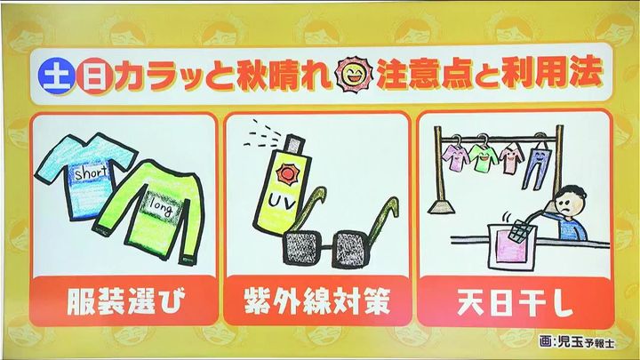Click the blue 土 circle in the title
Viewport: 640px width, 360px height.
57,76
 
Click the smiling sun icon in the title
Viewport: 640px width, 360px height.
353,75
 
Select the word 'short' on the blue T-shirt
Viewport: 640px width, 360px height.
92,173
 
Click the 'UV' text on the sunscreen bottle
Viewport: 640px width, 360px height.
281,202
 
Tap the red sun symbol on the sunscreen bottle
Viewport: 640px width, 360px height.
287,174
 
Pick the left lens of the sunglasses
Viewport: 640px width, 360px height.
303,248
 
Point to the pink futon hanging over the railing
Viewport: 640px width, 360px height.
513,246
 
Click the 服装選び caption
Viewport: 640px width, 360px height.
125,301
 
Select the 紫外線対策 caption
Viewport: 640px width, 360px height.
317,301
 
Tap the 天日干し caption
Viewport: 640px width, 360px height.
515,302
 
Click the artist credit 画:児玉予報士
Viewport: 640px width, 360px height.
576,342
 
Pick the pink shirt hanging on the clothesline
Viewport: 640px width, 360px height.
511,158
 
